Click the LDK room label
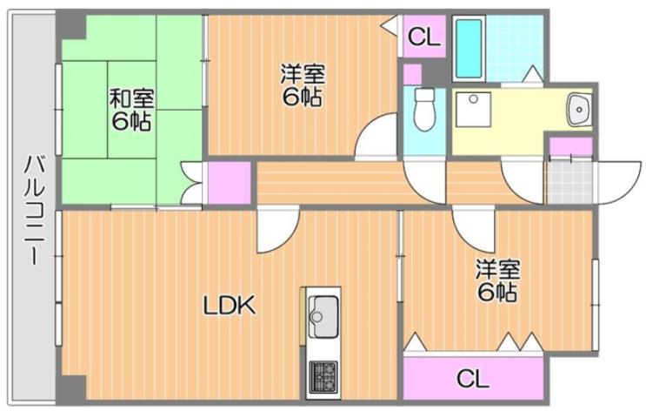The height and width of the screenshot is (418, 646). (x=229, y=306)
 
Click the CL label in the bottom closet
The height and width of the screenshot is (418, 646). (x=472, y=379)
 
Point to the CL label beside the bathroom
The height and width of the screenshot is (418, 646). (x=425, y=37)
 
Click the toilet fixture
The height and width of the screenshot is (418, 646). (x=424, y=108)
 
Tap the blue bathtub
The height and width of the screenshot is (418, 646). (x=469, y=48)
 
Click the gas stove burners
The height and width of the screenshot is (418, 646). (x=323, y=376)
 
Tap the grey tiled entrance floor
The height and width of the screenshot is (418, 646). (x=567, y=183)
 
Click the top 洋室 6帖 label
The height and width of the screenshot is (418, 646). (x=301, y=85)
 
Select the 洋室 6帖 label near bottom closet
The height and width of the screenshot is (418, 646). (x=497, y=280)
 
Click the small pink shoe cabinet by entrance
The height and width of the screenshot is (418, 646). (x=571, y=145)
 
